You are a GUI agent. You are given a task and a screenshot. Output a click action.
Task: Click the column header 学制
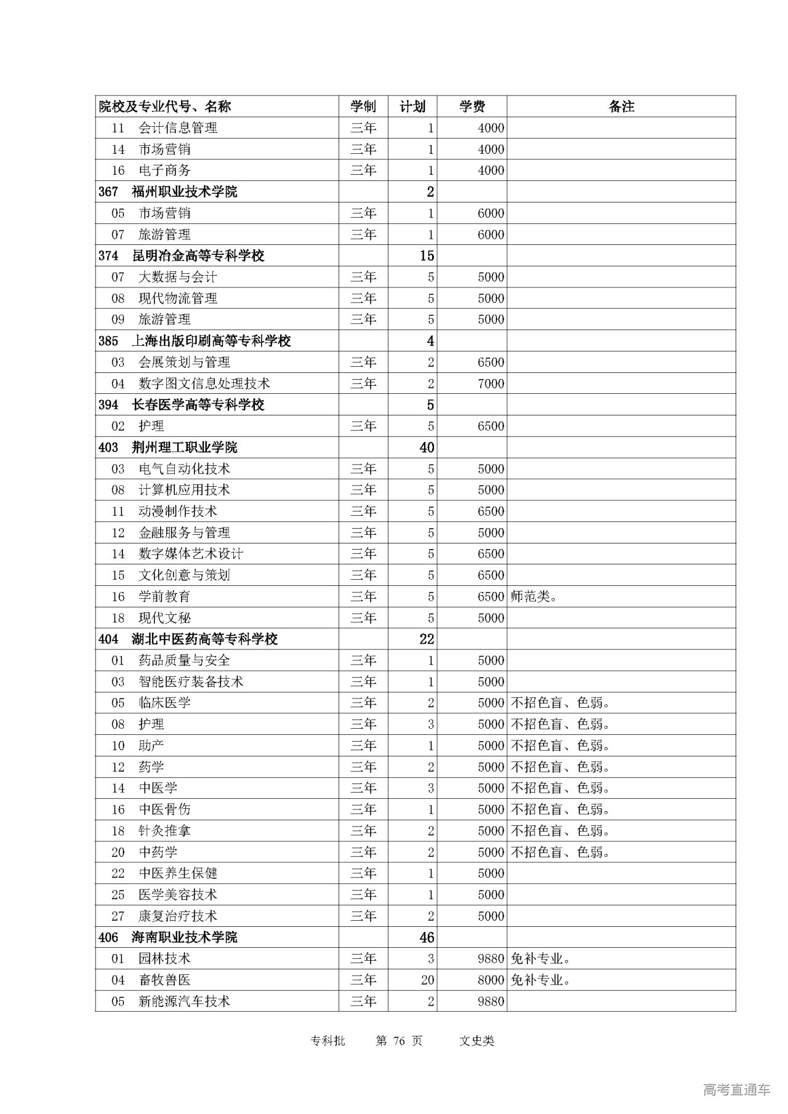point(363,106)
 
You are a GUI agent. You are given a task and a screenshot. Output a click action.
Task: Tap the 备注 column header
point(621,106)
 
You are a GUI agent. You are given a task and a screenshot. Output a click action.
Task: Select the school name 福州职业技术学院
point(184,192)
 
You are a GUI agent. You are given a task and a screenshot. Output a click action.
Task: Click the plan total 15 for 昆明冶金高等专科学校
point(427,256)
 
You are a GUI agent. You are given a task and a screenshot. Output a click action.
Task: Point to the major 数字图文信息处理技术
point(204,384)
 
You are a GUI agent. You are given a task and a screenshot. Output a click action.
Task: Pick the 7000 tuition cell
point(491,384)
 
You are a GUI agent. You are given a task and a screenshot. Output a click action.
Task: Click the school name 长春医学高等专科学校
point(198,405)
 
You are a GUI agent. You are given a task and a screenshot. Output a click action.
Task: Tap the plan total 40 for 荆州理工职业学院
point(427,447)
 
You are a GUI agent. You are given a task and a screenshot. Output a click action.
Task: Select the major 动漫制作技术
point(178,511)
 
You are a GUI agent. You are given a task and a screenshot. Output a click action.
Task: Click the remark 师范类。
point(534,596)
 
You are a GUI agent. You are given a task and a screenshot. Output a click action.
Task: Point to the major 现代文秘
point(164,618)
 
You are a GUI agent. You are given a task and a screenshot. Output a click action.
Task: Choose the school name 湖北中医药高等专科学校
point(204,639)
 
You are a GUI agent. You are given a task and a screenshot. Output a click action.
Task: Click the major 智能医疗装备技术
point(191,682)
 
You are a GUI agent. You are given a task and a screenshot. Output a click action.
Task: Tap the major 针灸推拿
point(164,831)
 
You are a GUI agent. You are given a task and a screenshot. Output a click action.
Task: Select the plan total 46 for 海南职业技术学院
point(427,937)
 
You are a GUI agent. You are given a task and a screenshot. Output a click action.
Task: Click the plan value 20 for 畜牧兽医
point(427,980)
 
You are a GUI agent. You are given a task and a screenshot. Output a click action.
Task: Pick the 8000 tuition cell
point(491,980)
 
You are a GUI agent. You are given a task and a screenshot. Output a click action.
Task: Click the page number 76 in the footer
point(399,1041)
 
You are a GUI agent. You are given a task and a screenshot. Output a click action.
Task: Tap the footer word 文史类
point(476,1041)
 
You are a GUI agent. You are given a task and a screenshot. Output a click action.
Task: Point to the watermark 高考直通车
point(736,1089)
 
